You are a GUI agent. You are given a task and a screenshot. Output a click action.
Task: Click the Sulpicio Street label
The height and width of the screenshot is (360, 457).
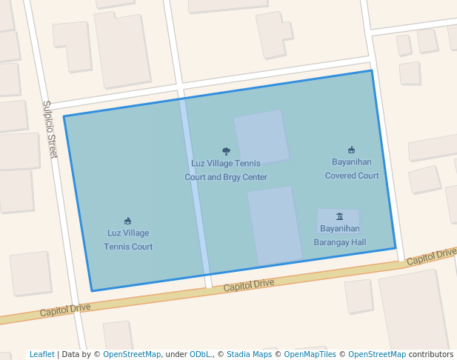[x=49, y=129]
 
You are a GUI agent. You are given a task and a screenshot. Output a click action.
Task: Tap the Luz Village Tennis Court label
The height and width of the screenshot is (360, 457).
[x=128, y=239]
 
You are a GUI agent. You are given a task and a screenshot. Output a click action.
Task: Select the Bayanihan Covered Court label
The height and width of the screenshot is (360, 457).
[x=352, y=169]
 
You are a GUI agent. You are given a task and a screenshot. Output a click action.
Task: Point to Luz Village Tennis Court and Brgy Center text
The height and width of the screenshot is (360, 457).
[x=226, y=170]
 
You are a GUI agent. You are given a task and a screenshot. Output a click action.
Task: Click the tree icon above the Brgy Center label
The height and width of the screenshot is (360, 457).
[x=226, y=150]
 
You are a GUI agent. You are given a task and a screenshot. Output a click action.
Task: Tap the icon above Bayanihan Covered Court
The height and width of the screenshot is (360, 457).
[x=352, y=150]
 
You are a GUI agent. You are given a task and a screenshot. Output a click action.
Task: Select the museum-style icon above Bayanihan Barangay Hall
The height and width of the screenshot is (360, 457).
[x=340, y=216]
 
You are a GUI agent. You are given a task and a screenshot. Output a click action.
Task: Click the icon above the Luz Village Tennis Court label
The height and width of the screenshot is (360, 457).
[x=128, y=221]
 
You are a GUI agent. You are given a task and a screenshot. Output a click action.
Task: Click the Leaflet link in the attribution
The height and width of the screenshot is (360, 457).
[x=41, y=355]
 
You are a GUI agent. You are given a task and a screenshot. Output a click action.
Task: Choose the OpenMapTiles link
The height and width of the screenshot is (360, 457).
[x=310, y=355]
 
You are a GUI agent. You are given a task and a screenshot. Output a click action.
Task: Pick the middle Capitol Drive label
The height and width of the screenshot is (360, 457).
[x=249, y=284]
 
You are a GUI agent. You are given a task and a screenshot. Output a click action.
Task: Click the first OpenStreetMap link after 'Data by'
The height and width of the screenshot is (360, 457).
[x=132, y=355]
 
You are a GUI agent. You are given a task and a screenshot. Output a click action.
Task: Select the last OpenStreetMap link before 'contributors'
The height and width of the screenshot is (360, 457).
[x=377, y=355]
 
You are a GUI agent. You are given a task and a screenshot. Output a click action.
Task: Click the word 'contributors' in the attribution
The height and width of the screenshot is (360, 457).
[x=431, y=355]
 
